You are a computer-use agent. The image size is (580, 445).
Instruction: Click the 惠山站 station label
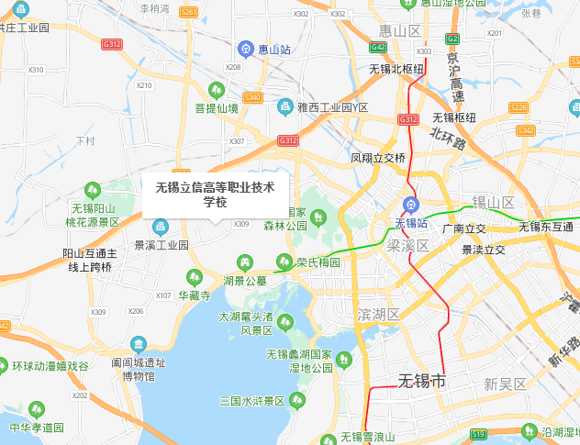(273, 49)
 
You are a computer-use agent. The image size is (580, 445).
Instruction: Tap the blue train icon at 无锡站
(411, 206)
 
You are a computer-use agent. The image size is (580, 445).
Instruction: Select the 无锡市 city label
(421, 381)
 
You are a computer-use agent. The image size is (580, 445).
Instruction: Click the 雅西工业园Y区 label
(332, 107)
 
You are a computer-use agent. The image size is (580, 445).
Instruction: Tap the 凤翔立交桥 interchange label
(377, 158)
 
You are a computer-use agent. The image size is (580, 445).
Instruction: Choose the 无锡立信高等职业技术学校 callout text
(215, 195)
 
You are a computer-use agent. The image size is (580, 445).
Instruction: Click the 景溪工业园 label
(161, 246)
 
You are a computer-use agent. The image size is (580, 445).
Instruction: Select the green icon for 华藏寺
(195, 276)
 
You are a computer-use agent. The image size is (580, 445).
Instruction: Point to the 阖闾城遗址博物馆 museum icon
(138, 345)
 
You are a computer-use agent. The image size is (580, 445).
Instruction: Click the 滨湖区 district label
(379, 314)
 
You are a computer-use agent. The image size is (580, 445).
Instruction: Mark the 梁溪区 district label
(407, 246)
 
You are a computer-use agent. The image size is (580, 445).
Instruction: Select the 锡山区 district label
(493, 202)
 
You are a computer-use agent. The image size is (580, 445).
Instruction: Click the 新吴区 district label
(506, 384)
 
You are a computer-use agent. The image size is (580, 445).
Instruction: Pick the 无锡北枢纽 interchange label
(396, 69)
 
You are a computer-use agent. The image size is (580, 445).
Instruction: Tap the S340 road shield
(253, 97)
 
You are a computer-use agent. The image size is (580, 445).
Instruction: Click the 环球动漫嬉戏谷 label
(50, 365)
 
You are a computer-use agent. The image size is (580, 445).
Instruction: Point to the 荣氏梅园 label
(318, 262)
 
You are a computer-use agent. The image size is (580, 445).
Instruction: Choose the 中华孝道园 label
(37, 428)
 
